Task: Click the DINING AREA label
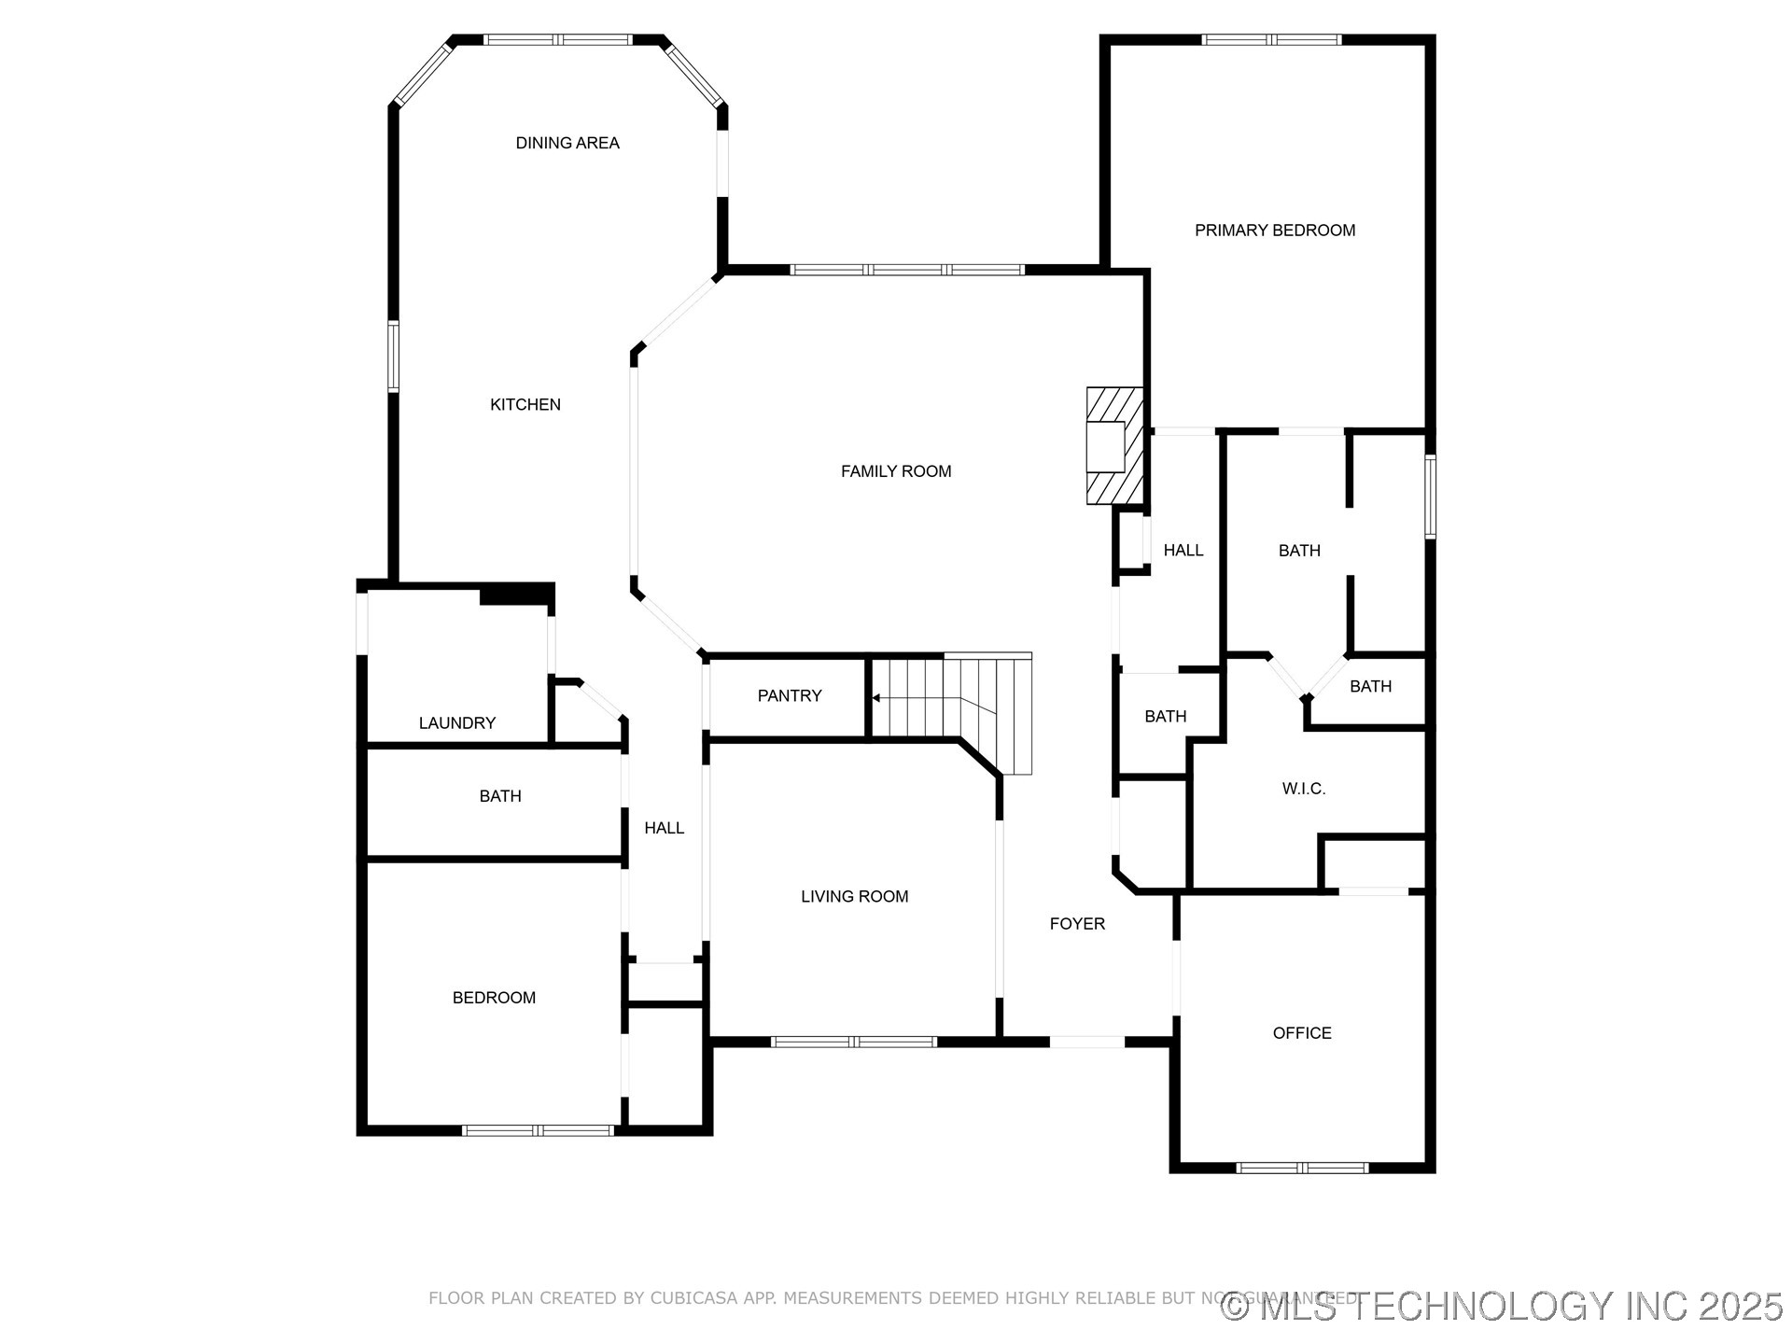(x=567, y=143)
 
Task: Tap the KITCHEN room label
(x=525, y=404)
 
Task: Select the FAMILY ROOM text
(x=896, y=471)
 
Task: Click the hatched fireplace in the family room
(x=1114, y=445)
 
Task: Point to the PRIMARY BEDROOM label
(x=1275, y=231)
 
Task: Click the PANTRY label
(x=790, y=695)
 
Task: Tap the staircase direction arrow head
(x=875, y=698)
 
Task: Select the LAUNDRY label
(x=456, y=722)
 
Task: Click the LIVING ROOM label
(x=854, y=896)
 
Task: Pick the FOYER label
(x=1077, y=923)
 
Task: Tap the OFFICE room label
(x=1302, y=1032)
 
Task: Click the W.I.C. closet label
(x=1303, y=789)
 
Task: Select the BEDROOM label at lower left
(x=494, y=998)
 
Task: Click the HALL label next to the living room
(x=664, y=828)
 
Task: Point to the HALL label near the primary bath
(x=1183, y=551)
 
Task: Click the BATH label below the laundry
(x=500, y=796)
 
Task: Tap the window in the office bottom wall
(x=1302, y=1168)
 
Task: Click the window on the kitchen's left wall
(x=393, y=356)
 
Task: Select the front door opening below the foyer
(x=1086, y=1042)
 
